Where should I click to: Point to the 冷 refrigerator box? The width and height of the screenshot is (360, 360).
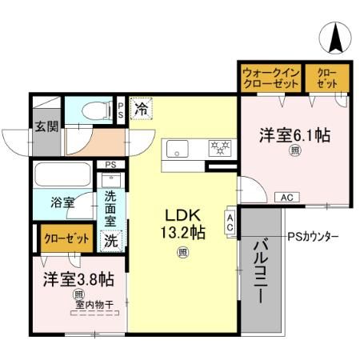pos(141,107)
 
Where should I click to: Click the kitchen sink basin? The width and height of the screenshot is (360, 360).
pos(177,149)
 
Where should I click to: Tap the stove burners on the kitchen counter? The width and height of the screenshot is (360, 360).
pos(218,148)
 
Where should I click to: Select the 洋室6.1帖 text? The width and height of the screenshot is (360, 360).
pos(294,136)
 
